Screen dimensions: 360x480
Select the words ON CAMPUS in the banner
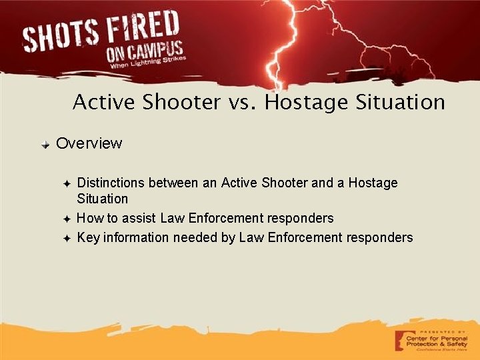click(x=144, y=52)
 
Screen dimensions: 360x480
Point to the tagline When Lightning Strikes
click(x=147, y=64)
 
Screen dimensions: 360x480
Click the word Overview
click(x=89, y=143)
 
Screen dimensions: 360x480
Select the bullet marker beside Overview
click(x=45, y=144)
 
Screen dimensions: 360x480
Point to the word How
click(x=89, y=218)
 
